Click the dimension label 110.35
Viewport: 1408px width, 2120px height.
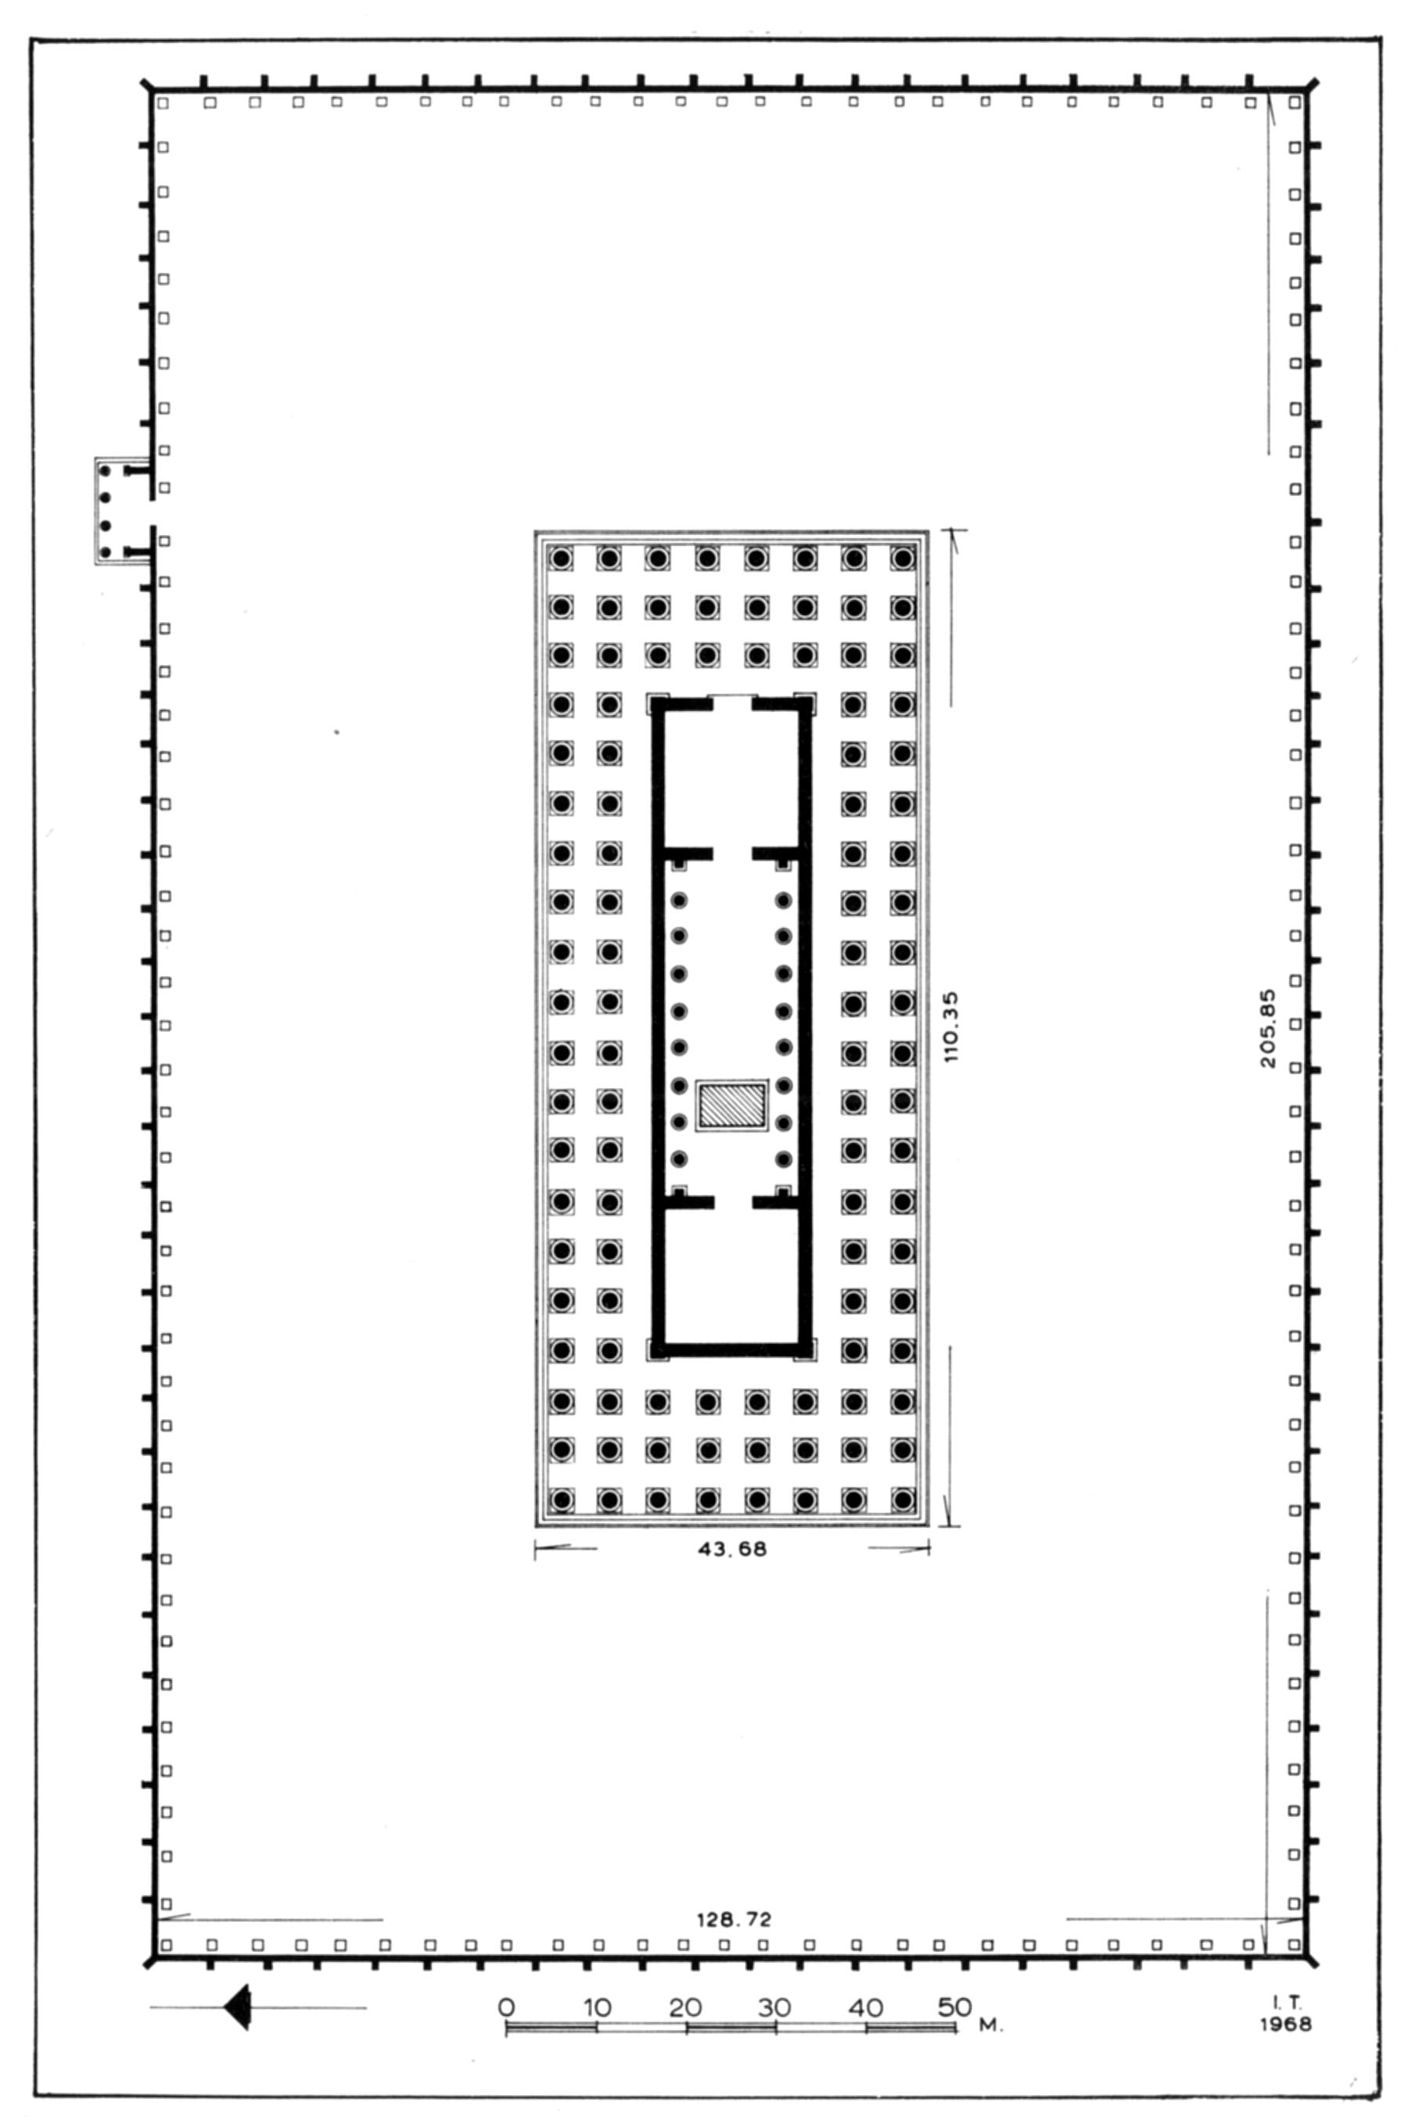tap(952, 1026)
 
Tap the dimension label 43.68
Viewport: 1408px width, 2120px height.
tap(733, 1549)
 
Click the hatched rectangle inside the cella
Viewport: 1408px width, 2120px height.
tap(733, 1105)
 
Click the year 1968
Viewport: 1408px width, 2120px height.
tap(1285, 2024)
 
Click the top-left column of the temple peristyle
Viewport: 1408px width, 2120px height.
tap(561, 559)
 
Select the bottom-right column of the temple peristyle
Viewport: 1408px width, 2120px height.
tap(903, 1499)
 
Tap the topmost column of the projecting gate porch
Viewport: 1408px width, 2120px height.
tap(105, 470)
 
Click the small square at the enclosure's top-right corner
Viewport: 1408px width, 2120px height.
tap(1294, 103)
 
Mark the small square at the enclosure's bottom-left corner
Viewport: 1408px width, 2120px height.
tap(165, 1945)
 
